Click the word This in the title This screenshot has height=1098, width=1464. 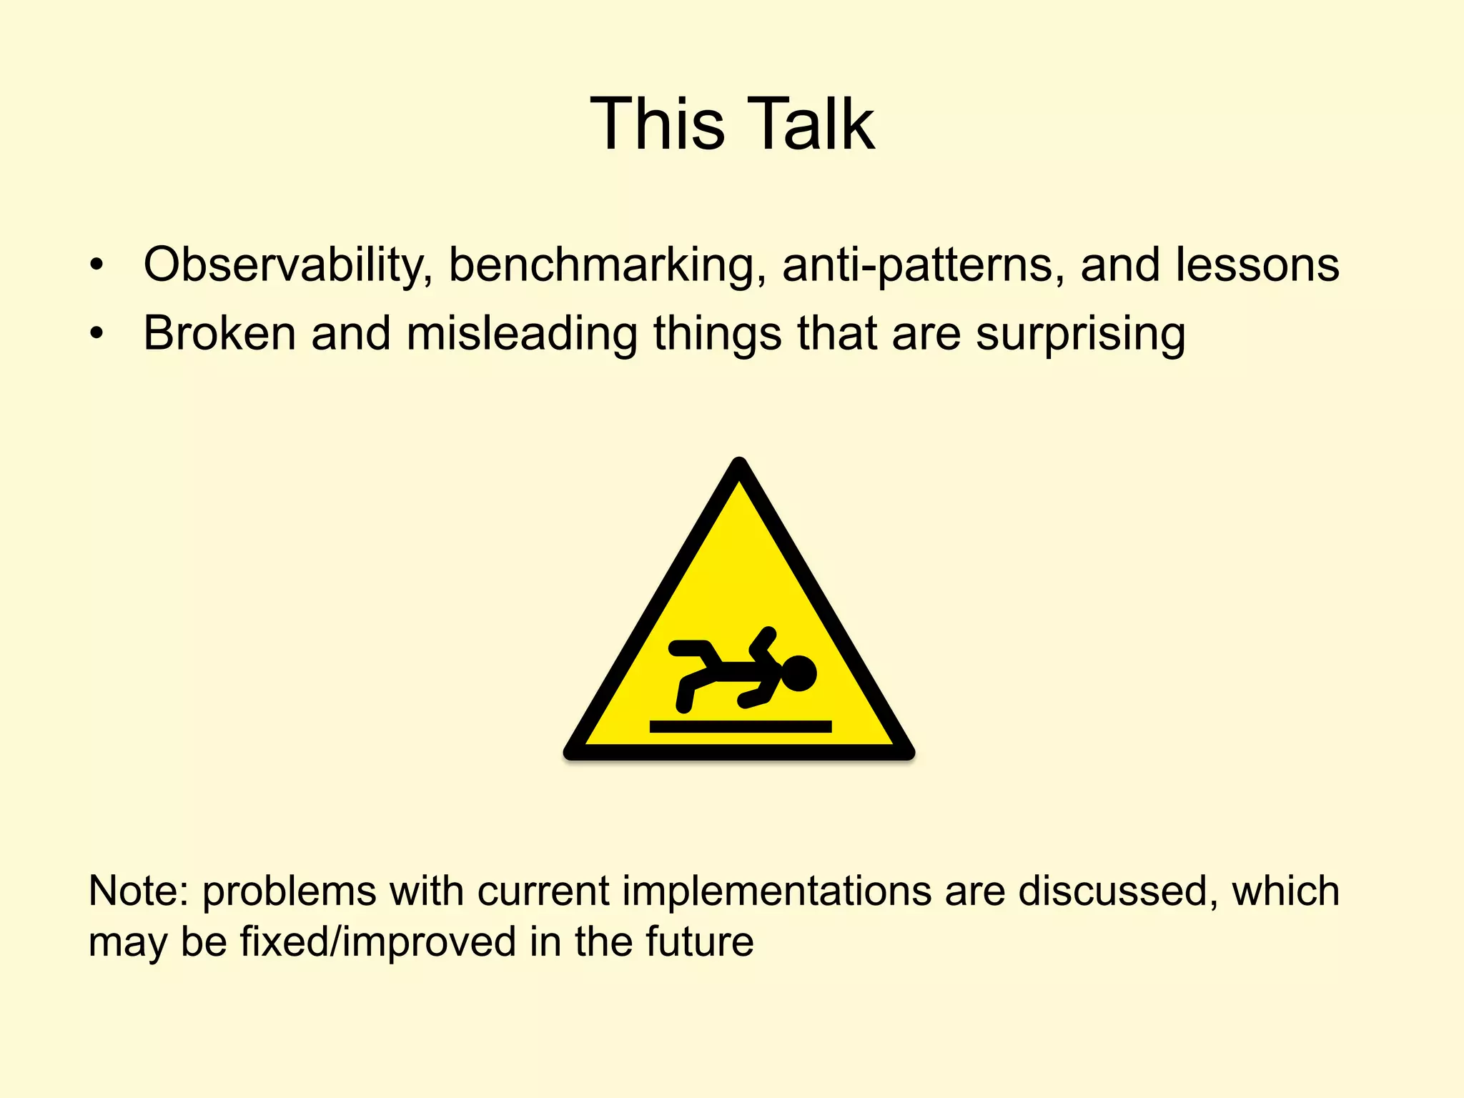657,124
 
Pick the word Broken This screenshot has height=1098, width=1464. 219,333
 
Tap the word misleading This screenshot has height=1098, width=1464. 521,335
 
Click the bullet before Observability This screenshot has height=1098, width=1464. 97,267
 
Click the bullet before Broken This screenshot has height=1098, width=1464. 97,335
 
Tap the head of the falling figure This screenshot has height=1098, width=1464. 798,673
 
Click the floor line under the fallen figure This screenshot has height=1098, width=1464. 740,726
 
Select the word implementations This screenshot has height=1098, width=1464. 777,892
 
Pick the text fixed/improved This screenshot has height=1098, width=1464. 377,942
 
